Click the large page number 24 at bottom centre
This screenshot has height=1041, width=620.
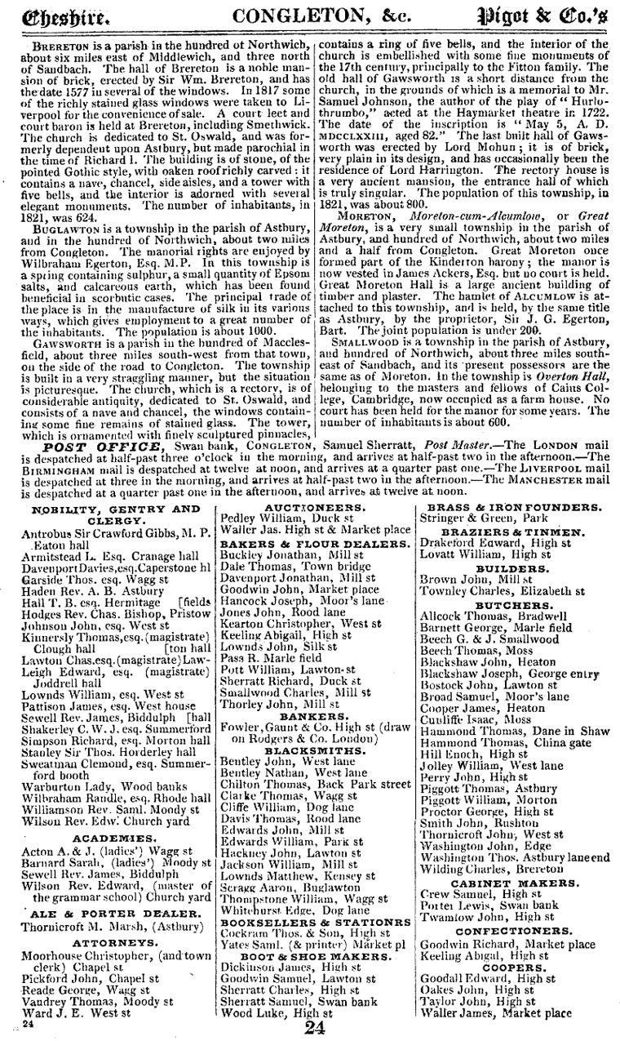coord(314,1028)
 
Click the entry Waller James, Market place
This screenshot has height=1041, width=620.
coord(495,1013)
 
